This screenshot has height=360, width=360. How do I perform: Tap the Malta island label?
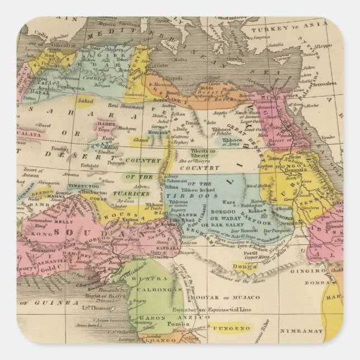tap(179, 59)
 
